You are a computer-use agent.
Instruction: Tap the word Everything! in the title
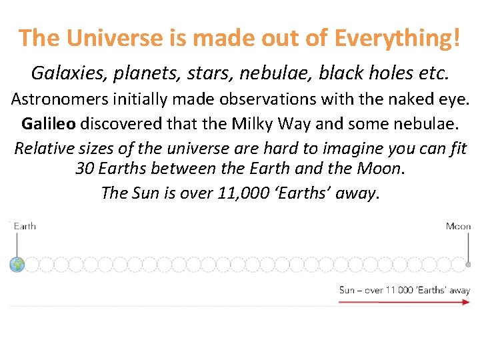396,38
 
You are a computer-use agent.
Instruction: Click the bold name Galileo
49,124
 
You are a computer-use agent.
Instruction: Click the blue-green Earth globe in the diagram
17,265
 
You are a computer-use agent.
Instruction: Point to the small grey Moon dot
468,265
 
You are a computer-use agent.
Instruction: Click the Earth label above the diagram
25,226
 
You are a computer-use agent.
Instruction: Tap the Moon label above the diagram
458,226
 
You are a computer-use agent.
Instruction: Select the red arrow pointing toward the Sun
404,301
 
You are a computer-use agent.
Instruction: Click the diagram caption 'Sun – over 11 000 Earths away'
404,290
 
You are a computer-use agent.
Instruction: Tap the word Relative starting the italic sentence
44,148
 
